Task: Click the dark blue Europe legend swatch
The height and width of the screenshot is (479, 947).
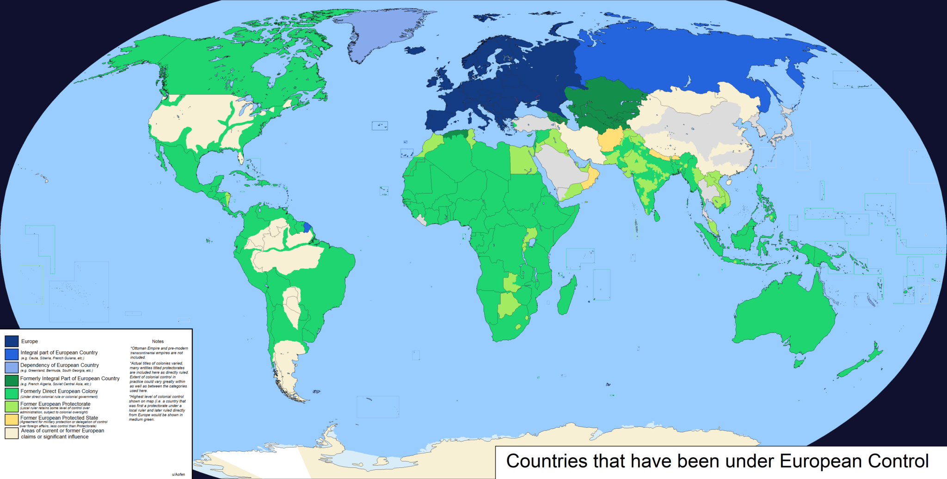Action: [x=12, y=341]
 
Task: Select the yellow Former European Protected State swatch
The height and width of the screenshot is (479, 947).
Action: [x=12, y=419]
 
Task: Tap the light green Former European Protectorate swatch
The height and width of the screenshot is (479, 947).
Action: [x=12, y=406]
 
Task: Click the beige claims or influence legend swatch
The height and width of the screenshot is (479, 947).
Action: [x=12, y=433]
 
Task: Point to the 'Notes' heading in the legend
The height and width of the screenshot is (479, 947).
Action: [x=158, y=341]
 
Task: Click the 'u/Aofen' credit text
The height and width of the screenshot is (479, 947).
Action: [x=178, y=474]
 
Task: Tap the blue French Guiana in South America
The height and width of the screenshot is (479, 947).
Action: [x=307, y=227]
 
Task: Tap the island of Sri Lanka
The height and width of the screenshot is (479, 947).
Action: [x=657, y=216]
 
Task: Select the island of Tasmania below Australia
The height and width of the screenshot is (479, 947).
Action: [x=799, y=363]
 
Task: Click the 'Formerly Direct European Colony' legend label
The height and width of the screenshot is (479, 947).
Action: [x=59, y=391]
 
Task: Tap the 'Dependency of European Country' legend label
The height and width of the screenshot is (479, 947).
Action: [x=60, y=365]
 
